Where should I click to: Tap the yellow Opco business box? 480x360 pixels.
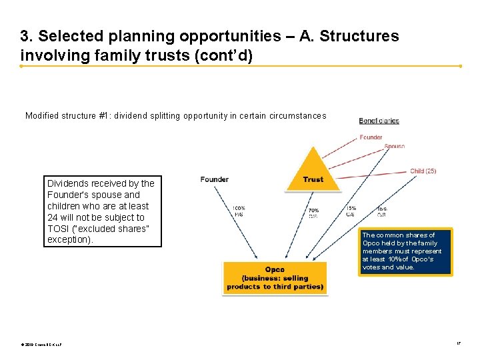coord(275,278)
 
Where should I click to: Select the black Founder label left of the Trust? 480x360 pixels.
coord(215,179)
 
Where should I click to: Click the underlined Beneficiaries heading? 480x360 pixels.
coord(379,121)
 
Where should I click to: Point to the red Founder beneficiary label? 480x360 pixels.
coord(371,137)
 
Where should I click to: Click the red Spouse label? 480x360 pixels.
coord(394,146)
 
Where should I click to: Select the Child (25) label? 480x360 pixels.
coord(423,171)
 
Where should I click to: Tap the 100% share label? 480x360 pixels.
coord(239,210)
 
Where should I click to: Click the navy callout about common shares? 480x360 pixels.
coord(405,251)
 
